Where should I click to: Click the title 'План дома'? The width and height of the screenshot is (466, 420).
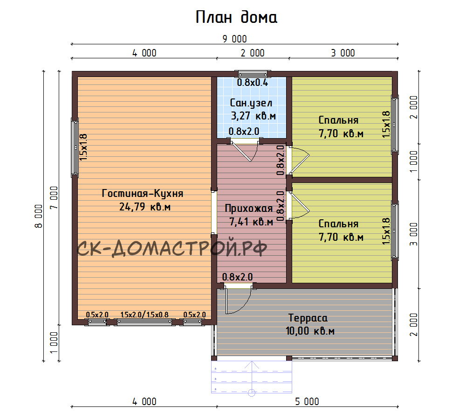tap(236, 17)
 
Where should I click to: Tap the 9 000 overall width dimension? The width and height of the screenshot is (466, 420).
tap(234, 39)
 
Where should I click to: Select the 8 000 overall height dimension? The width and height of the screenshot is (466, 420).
tap(39, 216)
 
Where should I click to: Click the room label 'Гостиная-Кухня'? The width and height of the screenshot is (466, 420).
tap(142, 194)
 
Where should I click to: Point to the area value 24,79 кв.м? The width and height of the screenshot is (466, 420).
tap(145, 207)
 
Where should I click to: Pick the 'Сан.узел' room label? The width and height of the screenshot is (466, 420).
tap(251, 103)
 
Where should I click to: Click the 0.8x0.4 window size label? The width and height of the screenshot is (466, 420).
tap(252, 83)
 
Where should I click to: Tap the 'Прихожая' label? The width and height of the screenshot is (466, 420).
tap(249, 208)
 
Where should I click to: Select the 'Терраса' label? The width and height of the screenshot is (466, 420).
tap(308, 318)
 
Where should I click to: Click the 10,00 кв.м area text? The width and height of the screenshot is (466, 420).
tap(310, 331)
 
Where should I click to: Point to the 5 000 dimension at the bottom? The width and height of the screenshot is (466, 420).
tap(307, 401)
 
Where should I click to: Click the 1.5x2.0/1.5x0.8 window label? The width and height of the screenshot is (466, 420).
tap(144, 315)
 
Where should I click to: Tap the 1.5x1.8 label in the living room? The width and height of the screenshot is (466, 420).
tap(83, 147)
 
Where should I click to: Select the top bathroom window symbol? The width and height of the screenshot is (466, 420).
tap(253, 74)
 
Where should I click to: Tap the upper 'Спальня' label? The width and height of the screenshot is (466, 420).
tap(338, 120)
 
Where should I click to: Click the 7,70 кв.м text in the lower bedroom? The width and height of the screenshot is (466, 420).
tap(341, 237)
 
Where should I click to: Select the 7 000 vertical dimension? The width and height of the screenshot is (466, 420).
tap(54, 198)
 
